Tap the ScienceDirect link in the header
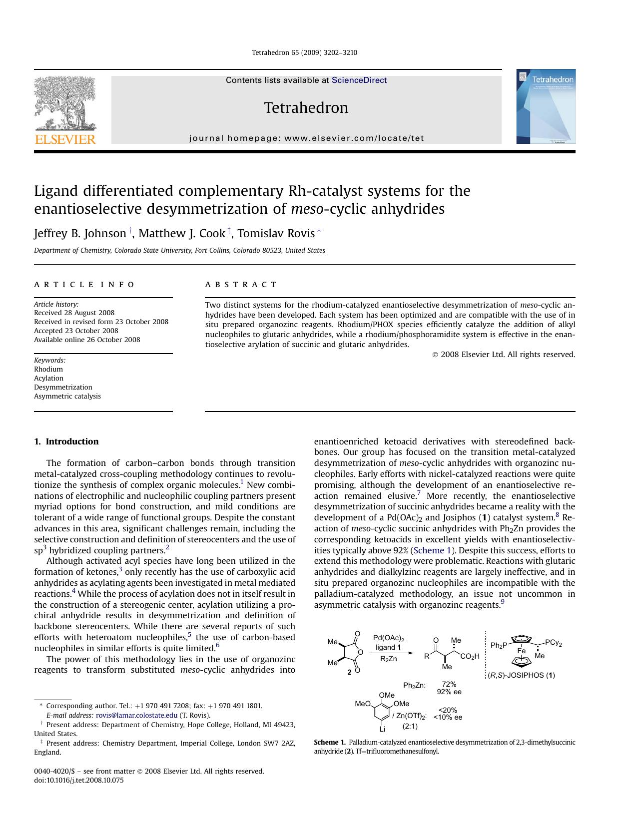pos(359,80)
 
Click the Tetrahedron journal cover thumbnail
pos(546,106)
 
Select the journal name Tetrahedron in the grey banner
pos(306,107)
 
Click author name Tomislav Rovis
pos(276,233)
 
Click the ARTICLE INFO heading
pos(84,285)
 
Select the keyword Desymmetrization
pos(63,387)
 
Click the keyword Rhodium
pos(48,369)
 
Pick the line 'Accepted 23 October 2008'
pos(76,331)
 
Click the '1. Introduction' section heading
pos(66,441)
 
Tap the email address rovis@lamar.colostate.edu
pos(136,715)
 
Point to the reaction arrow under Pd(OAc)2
pos(391,652)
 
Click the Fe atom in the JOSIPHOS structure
pos(521,651)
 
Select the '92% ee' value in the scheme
pos(449,692)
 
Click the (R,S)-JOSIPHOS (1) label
pos(521,675)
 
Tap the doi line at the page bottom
pos(78,780)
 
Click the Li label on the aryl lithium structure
pos(382,729)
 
